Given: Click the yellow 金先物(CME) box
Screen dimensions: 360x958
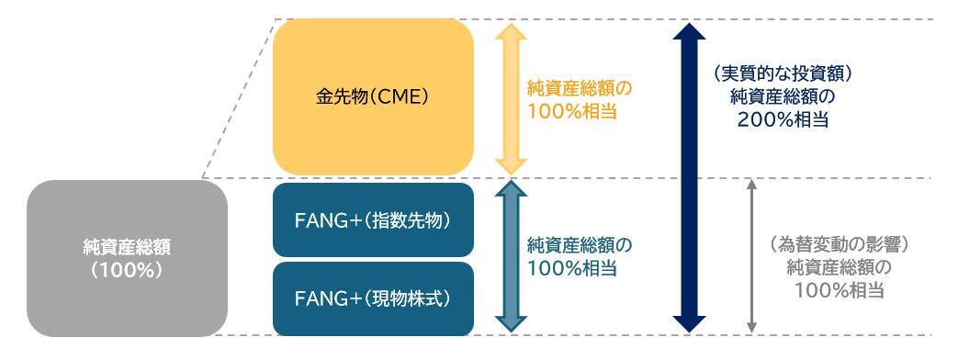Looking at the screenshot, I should click(373, 96).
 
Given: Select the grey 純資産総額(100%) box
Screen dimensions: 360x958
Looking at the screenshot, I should click(127, 258).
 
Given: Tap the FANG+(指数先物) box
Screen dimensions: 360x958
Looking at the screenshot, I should click(373, 220).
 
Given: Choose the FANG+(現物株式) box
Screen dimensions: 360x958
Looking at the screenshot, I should click(373, 298).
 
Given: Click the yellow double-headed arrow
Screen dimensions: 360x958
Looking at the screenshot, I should click(510, 96).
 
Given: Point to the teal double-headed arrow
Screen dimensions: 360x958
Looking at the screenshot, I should click(510, 256).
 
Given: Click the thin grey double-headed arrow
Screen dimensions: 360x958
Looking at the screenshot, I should click(752, 256).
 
